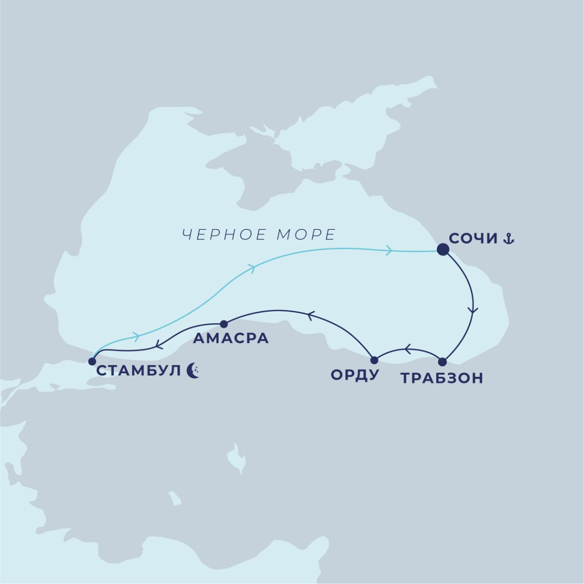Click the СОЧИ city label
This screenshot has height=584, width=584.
tap(474, 239)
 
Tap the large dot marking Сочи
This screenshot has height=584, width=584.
tap(443, 250)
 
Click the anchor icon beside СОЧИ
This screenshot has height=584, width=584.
tap(508, 238)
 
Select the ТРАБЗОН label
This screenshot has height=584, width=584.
tap(442, 378)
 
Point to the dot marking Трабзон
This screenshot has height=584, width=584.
tap(442, 362)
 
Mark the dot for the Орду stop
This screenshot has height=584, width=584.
tap(374, 360)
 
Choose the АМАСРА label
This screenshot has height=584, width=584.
tap(231, 338)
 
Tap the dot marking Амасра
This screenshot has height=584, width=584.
tap(224, 324)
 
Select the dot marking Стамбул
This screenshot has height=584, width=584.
tap(92, 361)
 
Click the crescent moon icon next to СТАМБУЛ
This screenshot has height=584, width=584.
tap(193, 371)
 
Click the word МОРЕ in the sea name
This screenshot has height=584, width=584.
tap(306, 235)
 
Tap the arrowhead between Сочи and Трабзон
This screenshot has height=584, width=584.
tap(472, 310)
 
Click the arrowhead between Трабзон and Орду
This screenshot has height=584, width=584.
tap(408, 349)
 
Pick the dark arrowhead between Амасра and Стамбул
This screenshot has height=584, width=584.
tap(158, 346)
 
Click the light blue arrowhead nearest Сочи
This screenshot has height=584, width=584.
tap(388, 251)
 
